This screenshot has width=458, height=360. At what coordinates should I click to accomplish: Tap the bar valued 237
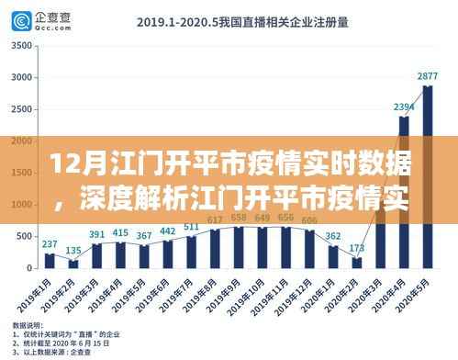50,260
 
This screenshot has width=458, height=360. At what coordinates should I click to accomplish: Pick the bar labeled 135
73,264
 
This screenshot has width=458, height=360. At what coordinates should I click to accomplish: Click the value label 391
96,234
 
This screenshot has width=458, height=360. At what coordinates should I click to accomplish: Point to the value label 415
120,233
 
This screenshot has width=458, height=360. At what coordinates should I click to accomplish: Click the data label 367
143,236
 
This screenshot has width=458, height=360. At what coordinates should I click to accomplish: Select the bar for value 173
356,263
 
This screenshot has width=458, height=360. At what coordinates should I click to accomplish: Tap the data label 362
333,236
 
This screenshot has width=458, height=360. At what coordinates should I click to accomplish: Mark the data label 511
191,227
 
